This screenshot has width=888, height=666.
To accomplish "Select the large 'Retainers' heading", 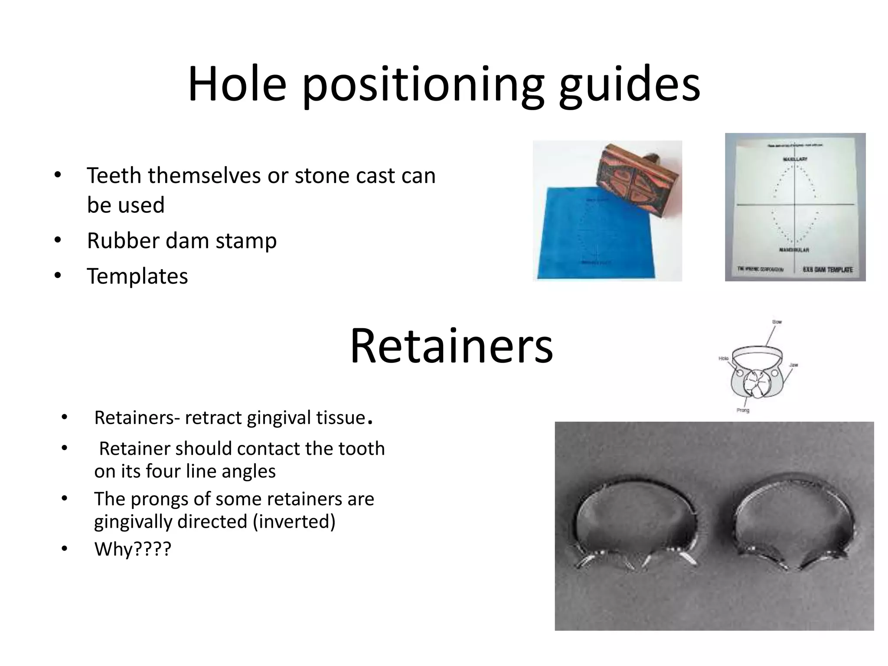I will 451,346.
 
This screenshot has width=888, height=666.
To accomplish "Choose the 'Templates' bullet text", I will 137,276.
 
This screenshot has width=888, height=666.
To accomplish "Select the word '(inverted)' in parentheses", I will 294,521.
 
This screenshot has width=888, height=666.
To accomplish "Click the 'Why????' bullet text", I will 133,549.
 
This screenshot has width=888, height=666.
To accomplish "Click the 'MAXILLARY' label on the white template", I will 795,160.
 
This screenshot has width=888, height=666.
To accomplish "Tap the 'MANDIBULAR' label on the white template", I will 794,250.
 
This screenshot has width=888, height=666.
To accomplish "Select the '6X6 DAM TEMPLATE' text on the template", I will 827,270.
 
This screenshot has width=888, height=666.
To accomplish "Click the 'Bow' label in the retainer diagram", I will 777,322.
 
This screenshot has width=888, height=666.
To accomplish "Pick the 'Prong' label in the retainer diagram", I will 743,410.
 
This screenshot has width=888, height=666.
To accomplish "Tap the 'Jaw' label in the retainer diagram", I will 793,365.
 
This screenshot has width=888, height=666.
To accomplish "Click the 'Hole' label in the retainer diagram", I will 723,359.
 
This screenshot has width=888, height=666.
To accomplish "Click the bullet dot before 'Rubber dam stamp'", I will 58,240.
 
